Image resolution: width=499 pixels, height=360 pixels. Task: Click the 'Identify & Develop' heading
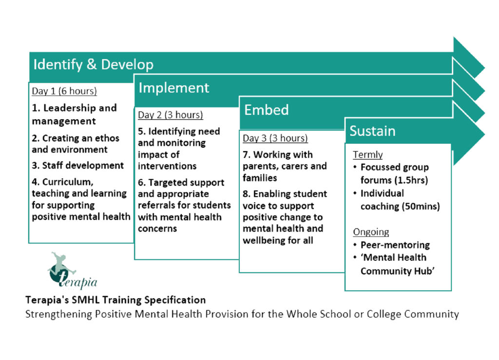point(93,65)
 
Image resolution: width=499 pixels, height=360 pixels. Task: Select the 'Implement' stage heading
point(174,88)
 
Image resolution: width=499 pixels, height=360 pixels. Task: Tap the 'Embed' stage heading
point(267,110)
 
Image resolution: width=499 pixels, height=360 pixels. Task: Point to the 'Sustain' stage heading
point(372,131)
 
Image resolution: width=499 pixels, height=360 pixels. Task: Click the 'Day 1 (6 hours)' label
point(64,91)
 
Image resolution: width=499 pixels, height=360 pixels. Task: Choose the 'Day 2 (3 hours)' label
point(170,115)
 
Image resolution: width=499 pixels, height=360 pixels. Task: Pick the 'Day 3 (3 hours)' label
point(275,138)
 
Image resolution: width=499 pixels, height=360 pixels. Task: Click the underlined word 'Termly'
point(367,155)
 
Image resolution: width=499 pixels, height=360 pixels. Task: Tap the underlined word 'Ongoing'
point(371,232)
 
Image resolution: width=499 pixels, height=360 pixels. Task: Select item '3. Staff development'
point(77,165)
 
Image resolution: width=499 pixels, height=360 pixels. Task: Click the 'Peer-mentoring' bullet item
point(395,245)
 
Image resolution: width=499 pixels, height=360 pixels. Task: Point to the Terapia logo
point(73,271)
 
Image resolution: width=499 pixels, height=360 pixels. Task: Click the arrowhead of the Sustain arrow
point(468,134)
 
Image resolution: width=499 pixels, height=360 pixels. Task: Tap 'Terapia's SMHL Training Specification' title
point(115,300)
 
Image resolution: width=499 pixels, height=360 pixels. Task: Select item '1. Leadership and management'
point(74,114)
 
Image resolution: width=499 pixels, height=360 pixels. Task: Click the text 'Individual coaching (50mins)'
point(400,200)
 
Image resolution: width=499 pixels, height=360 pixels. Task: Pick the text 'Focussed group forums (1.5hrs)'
point(395,173)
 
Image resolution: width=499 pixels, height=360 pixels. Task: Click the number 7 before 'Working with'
point(246,155)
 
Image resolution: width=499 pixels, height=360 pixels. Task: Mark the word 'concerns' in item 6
point(157,228)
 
